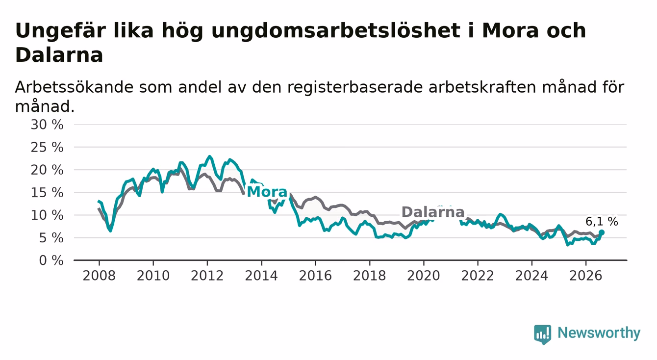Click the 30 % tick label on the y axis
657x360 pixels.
[x=47, y=125]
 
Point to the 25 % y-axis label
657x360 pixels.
[x=47, y=147]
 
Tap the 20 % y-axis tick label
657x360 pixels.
[x=47, y=170]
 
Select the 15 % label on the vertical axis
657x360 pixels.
[x=47, y=193]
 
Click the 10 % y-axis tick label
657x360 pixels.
[x=47, y=215]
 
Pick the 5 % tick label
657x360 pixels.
[x=51, y=238]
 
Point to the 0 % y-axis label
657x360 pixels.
[x=51, y=260]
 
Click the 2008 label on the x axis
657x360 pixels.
[x=99, y=276]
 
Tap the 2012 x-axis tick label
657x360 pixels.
[x=207, y=276]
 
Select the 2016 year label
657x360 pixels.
[x=315, y=276]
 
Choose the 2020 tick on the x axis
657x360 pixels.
[x=424, y=276]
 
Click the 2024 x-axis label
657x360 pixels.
[x=531, y=276]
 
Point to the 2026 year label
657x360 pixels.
[x=586, y=276]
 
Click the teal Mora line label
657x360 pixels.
[x=267, y=192]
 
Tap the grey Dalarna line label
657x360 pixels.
[x=433, y=212]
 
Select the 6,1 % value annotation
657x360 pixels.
[x=602, y=222]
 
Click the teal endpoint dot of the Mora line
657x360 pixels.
[x=601, y=232]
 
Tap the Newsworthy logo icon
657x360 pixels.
[x=543, y=334]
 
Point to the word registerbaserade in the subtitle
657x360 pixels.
[x=355, y=87]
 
